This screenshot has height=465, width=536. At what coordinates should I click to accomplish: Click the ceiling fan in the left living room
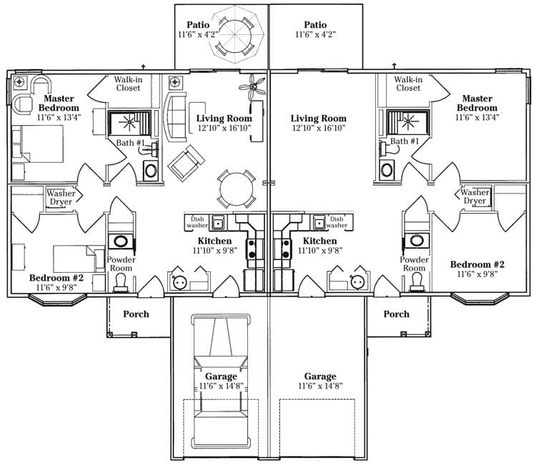(x=252, y=86)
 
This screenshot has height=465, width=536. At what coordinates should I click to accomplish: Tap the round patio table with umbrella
(x=235, y=34)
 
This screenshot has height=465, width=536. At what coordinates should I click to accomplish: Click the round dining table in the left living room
(x=237, y=189)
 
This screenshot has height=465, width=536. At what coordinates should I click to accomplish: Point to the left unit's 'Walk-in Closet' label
(x=128, y=84)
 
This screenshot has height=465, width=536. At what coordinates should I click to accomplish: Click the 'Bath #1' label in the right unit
(x=405, y=141)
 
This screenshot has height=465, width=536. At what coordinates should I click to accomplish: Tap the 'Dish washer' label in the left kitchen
(x=197, y=222)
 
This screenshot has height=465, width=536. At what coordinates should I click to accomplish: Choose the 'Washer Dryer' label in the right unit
(x=475, y=196)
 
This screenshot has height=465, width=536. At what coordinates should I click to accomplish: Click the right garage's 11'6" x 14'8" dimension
(x=320, y=386)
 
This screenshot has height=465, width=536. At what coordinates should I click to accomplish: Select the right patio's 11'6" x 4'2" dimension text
(x=315, y=34)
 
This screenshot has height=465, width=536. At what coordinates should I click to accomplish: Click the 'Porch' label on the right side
(x=396, y=314)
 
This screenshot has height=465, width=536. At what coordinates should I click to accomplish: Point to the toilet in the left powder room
(x=121, y=284)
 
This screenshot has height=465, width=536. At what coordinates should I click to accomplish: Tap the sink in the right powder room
(x=417, y=240)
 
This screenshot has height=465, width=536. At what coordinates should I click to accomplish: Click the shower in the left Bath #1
(x=129, y=123)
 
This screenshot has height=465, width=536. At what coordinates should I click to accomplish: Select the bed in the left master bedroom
(x=38, y=144)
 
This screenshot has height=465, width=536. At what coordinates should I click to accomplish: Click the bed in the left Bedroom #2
(x=79, y=259)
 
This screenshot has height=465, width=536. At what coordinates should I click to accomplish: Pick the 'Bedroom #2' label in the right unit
(x=477, y=264)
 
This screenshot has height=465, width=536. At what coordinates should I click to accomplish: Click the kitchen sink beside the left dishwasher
(x=217, y=223)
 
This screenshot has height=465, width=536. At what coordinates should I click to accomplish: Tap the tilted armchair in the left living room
(x=187, y=163)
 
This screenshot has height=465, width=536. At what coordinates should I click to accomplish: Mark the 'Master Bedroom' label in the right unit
(x=477, y=103)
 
